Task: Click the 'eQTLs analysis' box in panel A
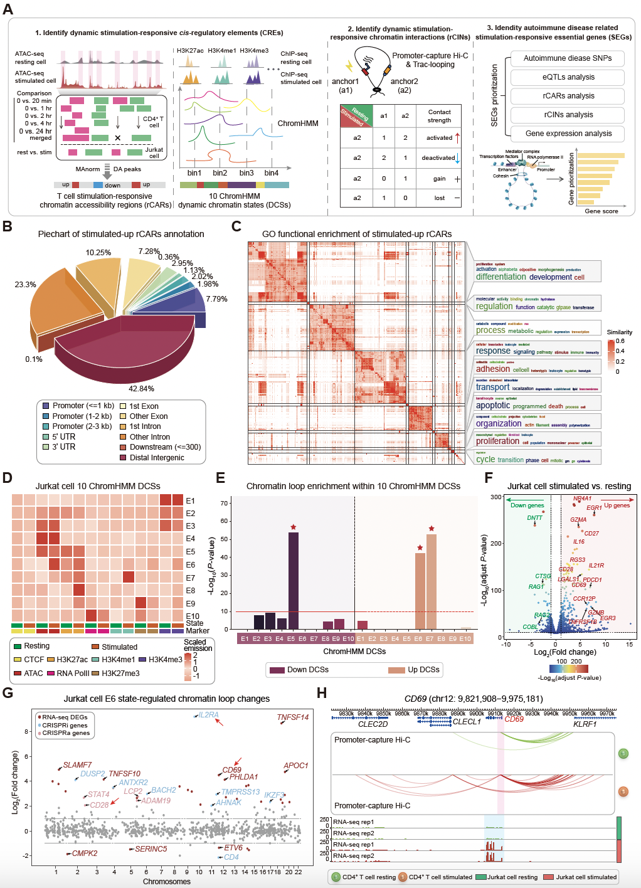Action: tap(568, 77)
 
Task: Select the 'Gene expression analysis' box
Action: tap(568, 134)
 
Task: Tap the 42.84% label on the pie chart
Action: tap(141, 389)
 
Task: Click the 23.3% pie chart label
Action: tap(26, 285)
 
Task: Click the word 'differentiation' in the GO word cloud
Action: tap(501, 277)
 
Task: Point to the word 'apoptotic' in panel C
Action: tap(493, 406)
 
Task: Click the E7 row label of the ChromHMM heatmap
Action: tap(191, 578)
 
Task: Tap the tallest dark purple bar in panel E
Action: tap(293, 580)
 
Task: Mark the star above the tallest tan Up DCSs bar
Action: tap(432, 529)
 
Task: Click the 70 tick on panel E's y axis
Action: tap(224, 503)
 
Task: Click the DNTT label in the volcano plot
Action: tap(535, 518)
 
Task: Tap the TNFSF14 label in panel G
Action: tap(293, 717)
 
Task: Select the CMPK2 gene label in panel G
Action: tap(84, 854)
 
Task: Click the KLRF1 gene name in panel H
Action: tap(585, 724)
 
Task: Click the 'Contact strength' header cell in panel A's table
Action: tap(439, 116)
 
